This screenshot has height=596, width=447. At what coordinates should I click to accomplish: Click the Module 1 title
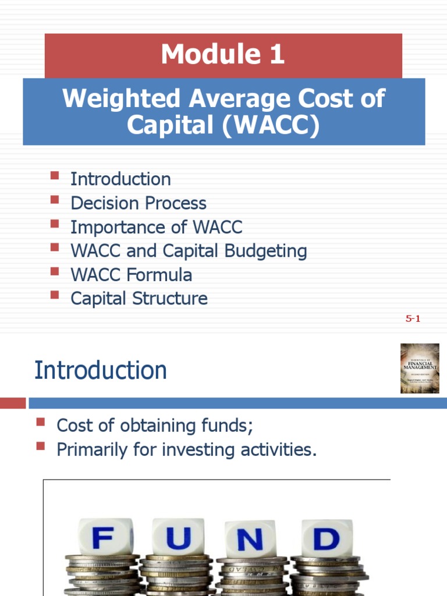[x=223, y=55]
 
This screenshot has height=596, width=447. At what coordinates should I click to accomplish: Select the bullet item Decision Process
[x=138, y=203]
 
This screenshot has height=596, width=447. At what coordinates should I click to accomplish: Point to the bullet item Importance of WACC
[x=156, y=227]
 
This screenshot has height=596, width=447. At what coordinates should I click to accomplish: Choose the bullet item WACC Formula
[x=131, y=275]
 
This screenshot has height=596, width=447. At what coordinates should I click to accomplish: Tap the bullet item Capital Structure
[x=139, y=299]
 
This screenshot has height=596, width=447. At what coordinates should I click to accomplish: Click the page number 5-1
[x=413, y=318]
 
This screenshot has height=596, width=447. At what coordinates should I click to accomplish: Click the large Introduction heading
[x=101, y=370]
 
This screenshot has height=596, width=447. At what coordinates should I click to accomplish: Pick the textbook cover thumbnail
[x=419, y=368]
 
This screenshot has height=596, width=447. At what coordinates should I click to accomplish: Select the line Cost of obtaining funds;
[x=155, y=425]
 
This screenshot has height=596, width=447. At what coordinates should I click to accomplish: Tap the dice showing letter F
[x=102, y=538]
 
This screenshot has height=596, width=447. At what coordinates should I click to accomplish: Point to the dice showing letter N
[x=250, y=540]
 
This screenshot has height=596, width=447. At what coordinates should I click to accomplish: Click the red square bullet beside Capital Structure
[x=55, y=295]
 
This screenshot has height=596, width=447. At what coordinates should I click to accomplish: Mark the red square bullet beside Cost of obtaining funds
[x=41, y=422]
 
